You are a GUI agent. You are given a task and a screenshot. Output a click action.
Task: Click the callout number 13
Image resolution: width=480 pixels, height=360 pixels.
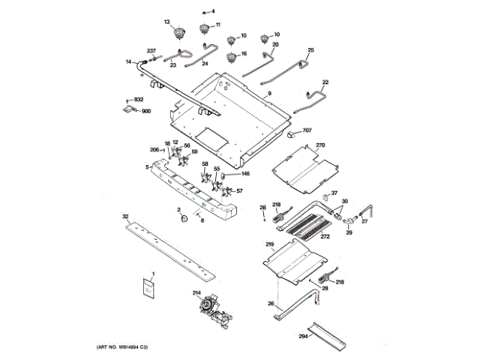tap(168, 22)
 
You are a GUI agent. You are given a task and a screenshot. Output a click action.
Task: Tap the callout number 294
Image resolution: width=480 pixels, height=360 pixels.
tap(304, 337)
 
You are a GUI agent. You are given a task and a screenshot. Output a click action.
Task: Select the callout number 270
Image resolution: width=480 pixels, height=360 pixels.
tap(319, 145)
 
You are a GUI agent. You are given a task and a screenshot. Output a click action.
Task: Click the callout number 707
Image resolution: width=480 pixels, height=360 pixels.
tap(307, 130)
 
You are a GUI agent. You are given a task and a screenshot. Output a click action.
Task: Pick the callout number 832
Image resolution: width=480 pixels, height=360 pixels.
tap(138, 100)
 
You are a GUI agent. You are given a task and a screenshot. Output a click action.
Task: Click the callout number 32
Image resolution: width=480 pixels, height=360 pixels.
tap(126, 216)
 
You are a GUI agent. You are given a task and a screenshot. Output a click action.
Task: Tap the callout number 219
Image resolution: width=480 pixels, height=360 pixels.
tap(270, 244)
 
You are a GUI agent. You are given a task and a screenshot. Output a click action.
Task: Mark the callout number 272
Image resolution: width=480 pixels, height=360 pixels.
tap(325, 236)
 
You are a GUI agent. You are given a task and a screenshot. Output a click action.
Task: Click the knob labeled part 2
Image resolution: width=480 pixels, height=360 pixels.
tap(182, 218)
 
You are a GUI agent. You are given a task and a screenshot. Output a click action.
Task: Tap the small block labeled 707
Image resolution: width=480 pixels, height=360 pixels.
tap(291, 135)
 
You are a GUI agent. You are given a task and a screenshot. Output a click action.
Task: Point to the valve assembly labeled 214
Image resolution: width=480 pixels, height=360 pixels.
tap(208, 309)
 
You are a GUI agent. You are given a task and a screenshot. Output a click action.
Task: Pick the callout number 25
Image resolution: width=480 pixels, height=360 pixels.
tap(310, 50)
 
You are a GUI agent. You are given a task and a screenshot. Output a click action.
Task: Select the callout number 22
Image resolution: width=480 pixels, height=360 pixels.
tap(325, 81)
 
